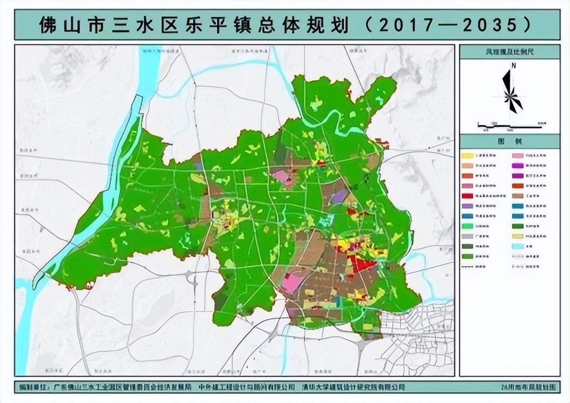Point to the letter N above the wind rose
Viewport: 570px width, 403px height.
514,66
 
